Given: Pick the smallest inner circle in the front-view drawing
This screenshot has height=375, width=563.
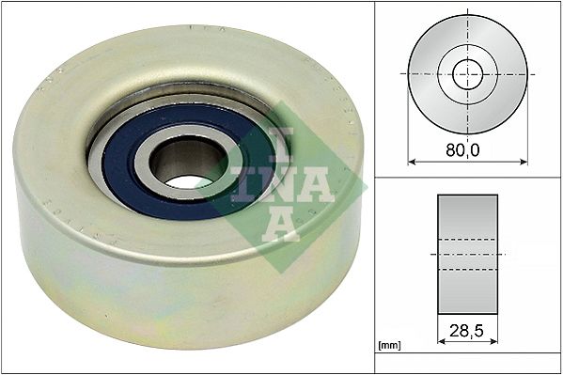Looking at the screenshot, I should point(467,73).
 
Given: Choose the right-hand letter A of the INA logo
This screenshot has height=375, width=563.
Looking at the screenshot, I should point(319,184).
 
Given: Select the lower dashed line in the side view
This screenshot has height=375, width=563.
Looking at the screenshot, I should point(467,270).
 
